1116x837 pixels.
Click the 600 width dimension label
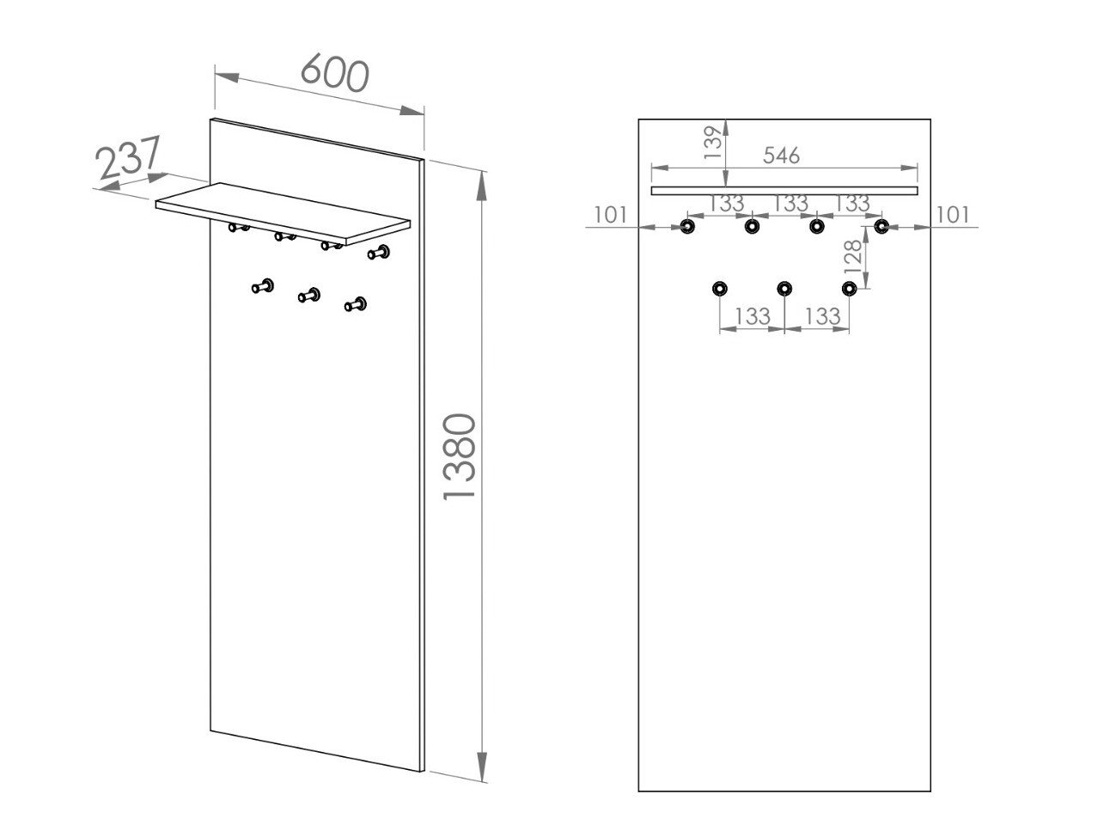point(335,73)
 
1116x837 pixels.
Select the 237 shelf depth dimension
point(128,156)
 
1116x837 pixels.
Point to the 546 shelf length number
point(781,155)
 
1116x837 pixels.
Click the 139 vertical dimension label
point(713,143)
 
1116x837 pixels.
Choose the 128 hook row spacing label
point(852,257)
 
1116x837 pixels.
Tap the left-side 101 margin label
point(610,215)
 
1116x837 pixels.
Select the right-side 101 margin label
point(953,215)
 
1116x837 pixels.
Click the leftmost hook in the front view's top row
point(687,226)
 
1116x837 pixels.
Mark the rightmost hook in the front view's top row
point(881,226)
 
